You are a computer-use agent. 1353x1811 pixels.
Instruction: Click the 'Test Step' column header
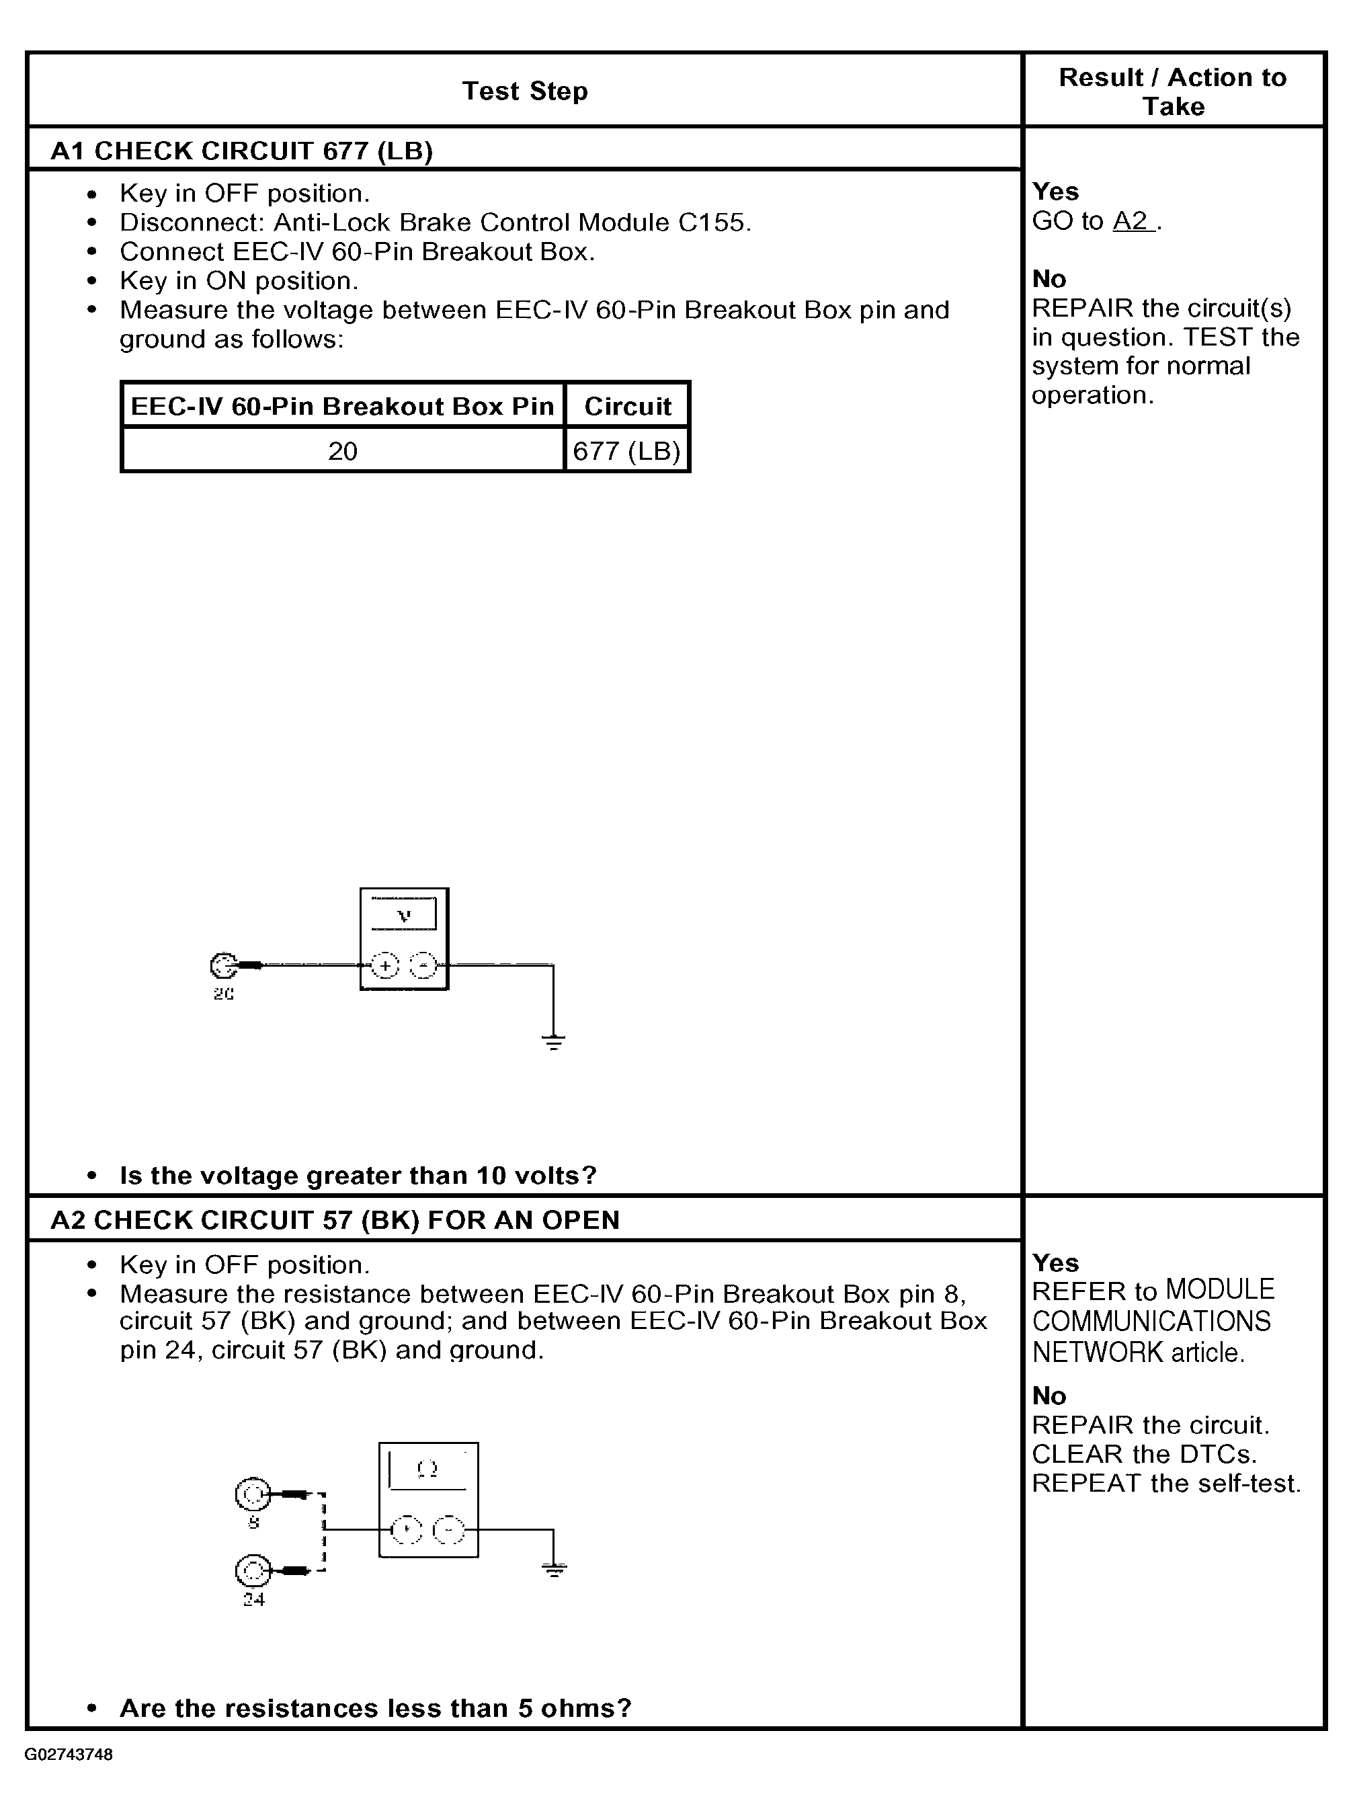click(525, 91)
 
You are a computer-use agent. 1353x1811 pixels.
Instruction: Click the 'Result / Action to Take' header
click(1172, 91)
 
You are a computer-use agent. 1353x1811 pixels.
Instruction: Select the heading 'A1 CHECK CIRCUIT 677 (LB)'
click(241, 151)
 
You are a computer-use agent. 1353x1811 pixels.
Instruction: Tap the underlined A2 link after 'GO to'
click(1132, 221)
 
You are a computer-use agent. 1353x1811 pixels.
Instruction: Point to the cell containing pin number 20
click(343, 451)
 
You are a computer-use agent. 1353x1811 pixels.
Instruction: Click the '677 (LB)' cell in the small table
click(627, 451)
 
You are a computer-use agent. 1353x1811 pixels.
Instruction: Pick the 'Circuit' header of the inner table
click(627, 406)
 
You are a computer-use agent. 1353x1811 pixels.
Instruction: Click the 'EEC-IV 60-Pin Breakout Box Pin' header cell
click(343, 406)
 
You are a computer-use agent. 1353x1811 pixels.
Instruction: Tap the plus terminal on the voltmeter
click(384, 966)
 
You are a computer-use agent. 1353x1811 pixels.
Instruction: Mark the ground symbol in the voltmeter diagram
click(553, 1041)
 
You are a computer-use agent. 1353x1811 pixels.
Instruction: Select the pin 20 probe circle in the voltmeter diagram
click(222, 966)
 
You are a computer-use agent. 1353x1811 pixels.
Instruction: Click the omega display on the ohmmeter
click(427, 1470)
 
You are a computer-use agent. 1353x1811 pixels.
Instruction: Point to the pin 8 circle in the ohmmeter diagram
click(252, 1495)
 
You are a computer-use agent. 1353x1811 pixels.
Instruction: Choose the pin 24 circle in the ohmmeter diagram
click(252, 1570)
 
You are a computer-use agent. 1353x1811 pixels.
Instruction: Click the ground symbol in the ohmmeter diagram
click(554, 1569)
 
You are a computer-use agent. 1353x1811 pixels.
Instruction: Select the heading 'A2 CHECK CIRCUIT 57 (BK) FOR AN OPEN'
click(335, 1220)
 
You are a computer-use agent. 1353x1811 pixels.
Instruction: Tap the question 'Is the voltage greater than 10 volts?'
click(358, 1176)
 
